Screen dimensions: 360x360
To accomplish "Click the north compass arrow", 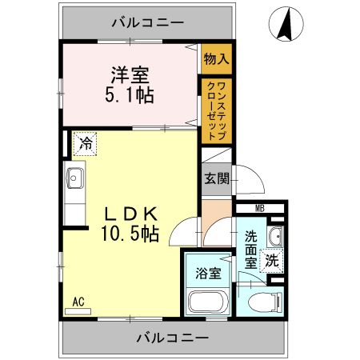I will pyautogui.click(x=284, y=25).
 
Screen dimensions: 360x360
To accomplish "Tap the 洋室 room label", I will pyautogui.click(x=129, y=75).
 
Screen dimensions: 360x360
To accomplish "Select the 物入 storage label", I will pyautogui.click(x=216, y=59).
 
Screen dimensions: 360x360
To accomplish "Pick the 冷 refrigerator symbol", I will pyautogui.click(x=85, y=145).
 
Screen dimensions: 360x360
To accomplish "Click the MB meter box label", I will pyautogui.click(x=259, y=209).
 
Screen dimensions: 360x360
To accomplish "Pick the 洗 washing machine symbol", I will pyautogui.click(x=272, y=259).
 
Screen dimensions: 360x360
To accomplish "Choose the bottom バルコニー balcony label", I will pyautogui.click(x=171, y=338).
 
